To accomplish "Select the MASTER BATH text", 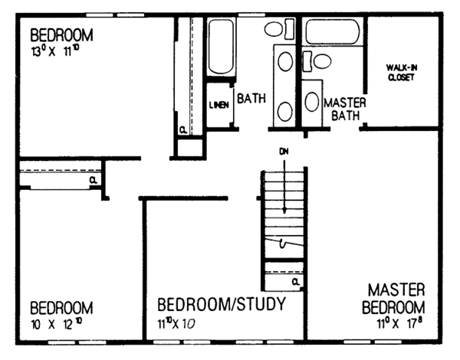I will pos(343,108).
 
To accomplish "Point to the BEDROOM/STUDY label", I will pos(221,304).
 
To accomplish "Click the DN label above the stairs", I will pos(284,151).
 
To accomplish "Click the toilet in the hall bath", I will pos(274,30).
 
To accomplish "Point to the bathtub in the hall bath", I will pos(222,45).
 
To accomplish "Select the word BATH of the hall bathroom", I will pos(251,98).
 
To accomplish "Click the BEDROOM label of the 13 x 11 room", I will pos(61,35).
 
